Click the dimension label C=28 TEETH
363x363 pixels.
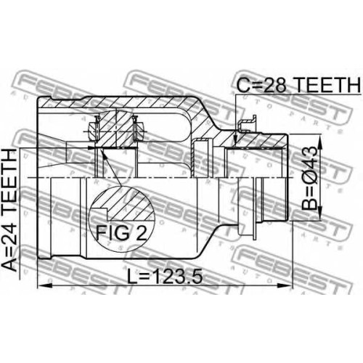tap(298, 85)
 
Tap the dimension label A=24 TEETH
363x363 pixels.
tap(9, 210)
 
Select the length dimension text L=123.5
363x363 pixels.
tap(165, 277)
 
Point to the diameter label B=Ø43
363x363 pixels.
tap(309, 178)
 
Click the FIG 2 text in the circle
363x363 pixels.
tap(121, 232)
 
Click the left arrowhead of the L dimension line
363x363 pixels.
tap(45, 286)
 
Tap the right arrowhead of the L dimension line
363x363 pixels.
tap(285, 286)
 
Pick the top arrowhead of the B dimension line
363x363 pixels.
tap(320, 143)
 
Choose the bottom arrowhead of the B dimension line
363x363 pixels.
tap(320, 213)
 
